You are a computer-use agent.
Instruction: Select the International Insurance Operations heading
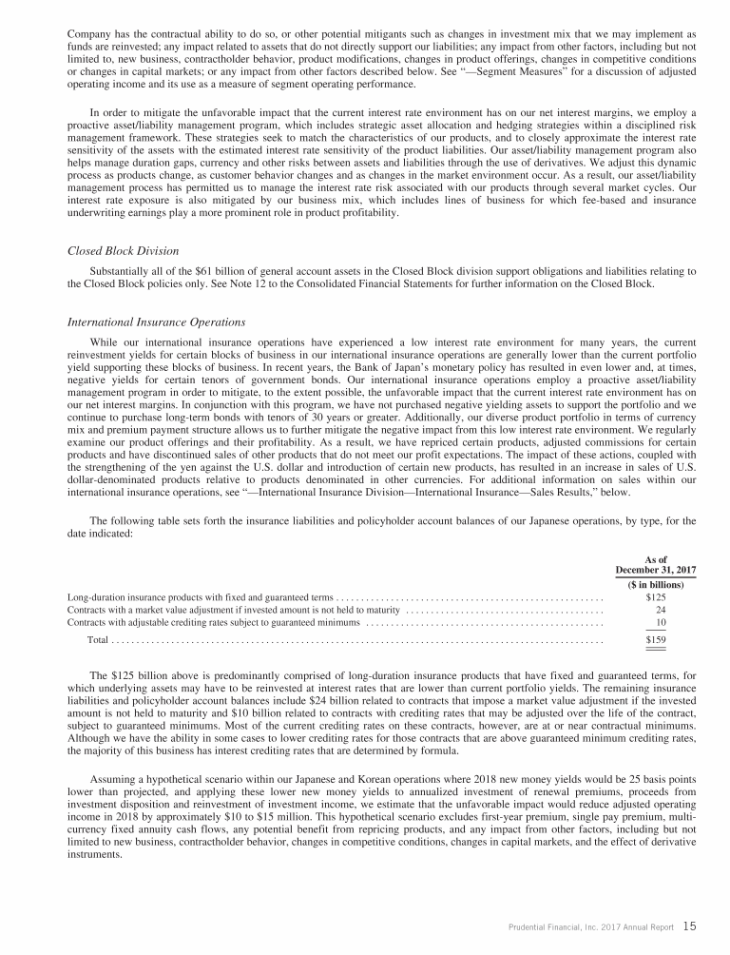(157, 322)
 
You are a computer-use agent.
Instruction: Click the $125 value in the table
(655, 597)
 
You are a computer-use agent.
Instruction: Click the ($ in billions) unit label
(656, 584)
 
